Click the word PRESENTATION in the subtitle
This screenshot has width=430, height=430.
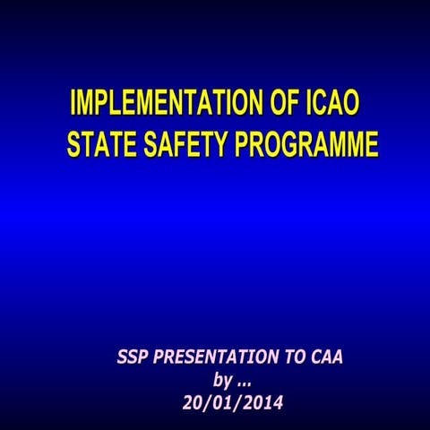click(x=216, y=357)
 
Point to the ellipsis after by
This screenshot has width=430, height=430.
click(x=243, y=383)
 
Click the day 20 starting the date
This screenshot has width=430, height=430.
click(x=193, y=402)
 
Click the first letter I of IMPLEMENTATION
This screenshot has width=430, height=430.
click(x=73, y=104)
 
